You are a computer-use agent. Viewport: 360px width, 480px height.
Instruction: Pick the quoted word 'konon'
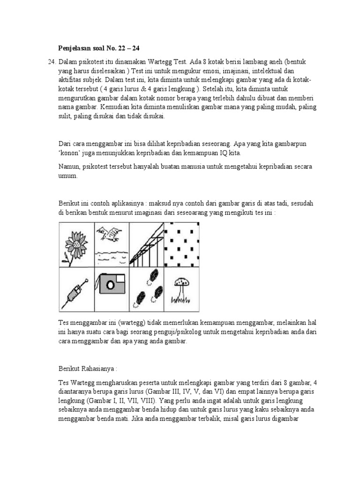coord(70,153)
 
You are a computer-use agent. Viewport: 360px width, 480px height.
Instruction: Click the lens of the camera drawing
coord(110,285)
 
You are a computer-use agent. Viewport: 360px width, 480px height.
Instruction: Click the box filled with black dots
coord(181,244)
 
